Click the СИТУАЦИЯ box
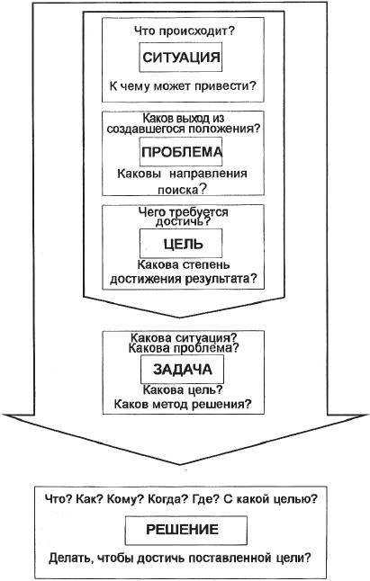[x=181, y=57]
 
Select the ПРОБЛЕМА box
[x=181, y=152]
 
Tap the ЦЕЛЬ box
[x=181, y=244]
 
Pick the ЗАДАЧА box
[x=182, y=370]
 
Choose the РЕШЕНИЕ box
[x=186, y=531]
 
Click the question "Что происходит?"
[x=185, y=31]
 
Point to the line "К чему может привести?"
[x=183, y=86]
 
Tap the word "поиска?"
[x=182, y=190]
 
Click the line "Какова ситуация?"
[x=184, y=338]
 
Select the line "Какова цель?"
[x=183, y=389]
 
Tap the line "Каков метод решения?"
[x=183, y=404]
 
